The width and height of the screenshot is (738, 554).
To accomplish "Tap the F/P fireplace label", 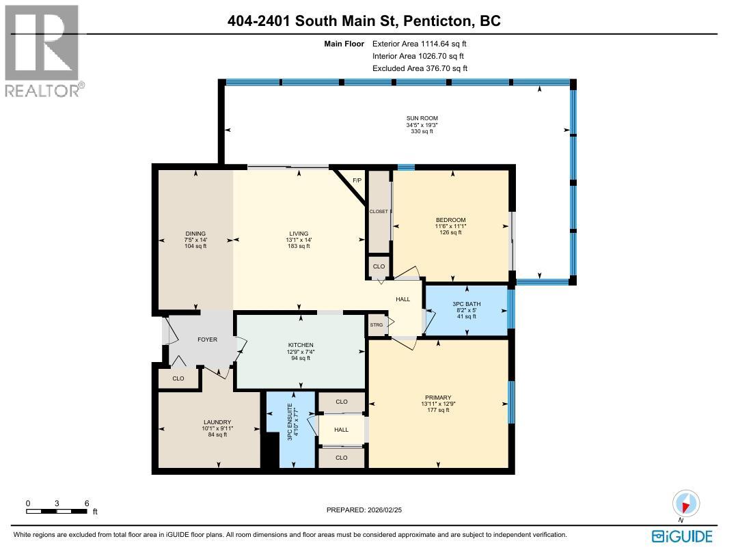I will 356,180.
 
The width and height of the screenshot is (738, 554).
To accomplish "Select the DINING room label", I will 195,234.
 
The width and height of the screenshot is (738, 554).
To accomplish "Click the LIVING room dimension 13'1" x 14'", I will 298,240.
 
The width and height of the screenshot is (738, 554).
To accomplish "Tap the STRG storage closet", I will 377,325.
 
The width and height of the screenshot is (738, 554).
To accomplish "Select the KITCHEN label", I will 301,345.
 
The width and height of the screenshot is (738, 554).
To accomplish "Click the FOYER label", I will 207,340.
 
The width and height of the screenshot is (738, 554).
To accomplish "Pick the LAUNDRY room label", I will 217,422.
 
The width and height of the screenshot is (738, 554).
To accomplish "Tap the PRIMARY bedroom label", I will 438,398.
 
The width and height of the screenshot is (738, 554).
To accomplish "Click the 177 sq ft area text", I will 438,410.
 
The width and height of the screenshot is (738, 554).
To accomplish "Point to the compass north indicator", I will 685,505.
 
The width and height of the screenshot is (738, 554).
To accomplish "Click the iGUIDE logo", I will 682,536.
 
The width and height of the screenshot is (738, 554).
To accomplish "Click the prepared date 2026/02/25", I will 387,510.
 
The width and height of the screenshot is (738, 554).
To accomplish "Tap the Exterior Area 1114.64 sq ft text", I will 419,43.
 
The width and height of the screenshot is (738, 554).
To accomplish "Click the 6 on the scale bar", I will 86,503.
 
